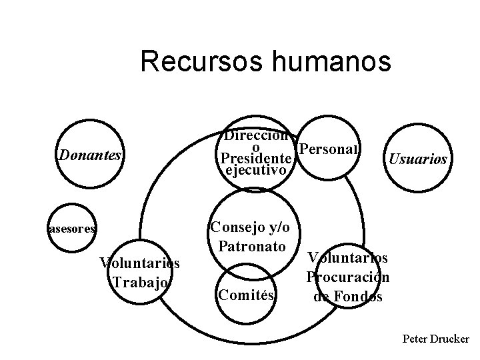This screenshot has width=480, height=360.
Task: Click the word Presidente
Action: click(x=256, y=160)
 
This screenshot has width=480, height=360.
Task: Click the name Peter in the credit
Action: click(x=417, y=339)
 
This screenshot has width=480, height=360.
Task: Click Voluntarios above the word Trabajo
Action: click(x=139, y=263)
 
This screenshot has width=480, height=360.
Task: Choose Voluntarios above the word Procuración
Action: click(x=347, y=258)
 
